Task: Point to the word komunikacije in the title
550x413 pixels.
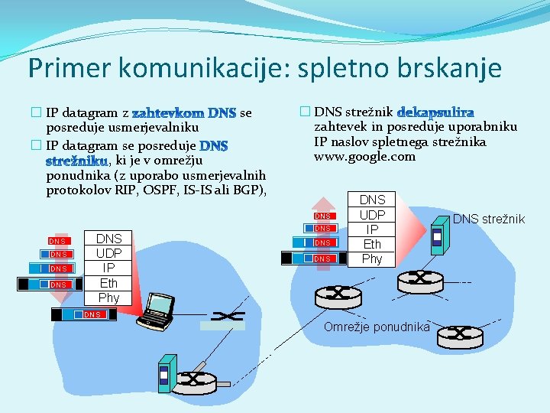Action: tap(192, 68)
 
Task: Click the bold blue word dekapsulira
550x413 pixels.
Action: tap(436, 112)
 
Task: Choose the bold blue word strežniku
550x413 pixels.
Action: tap(76, 161)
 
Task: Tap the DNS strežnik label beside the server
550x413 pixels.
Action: tap(489, 220)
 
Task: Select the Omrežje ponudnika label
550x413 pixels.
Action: tap(376, 327)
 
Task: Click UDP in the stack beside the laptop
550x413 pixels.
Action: tap(108, 253)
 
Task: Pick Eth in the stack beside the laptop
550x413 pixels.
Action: tap(108, 282)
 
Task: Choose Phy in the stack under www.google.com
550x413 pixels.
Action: tap(372, 259)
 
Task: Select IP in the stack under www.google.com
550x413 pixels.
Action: tap(372, 229)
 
